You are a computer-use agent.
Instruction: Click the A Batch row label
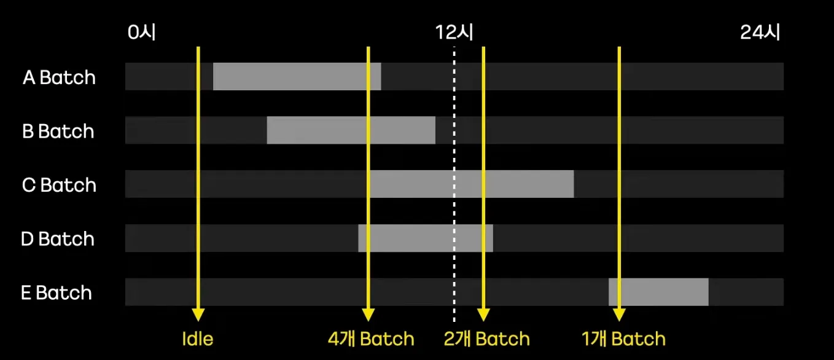tap(59, 78)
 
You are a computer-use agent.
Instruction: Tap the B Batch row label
tap(58, 131)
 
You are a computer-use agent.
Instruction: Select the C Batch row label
tap(59, 185)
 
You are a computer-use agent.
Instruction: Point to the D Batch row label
tap(58, 239)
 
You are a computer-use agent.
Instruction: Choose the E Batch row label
tap(57, 293)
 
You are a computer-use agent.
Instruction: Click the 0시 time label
tap(142, 33)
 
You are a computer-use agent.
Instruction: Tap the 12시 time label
tap(454, 33)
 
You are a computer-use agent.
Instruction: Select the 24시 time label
tap(760, 33)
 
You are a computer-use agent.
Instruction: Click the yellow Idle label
tap(198, 339)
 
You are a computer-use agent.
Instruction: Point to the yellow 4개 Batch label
tap(371, 339)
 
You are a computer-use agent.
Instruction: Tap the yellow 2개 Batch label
tap(486, 339)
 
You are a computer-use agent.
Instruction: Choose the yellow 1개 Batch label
tap(623, 339)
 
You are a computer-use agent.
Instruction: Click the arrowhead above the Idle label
tap(198, 314)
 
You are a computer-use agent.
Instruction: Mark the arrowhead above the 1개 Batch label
tap(619, 314)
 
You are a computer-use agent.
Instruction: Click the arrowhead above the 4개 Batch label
tap(368, 314)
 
